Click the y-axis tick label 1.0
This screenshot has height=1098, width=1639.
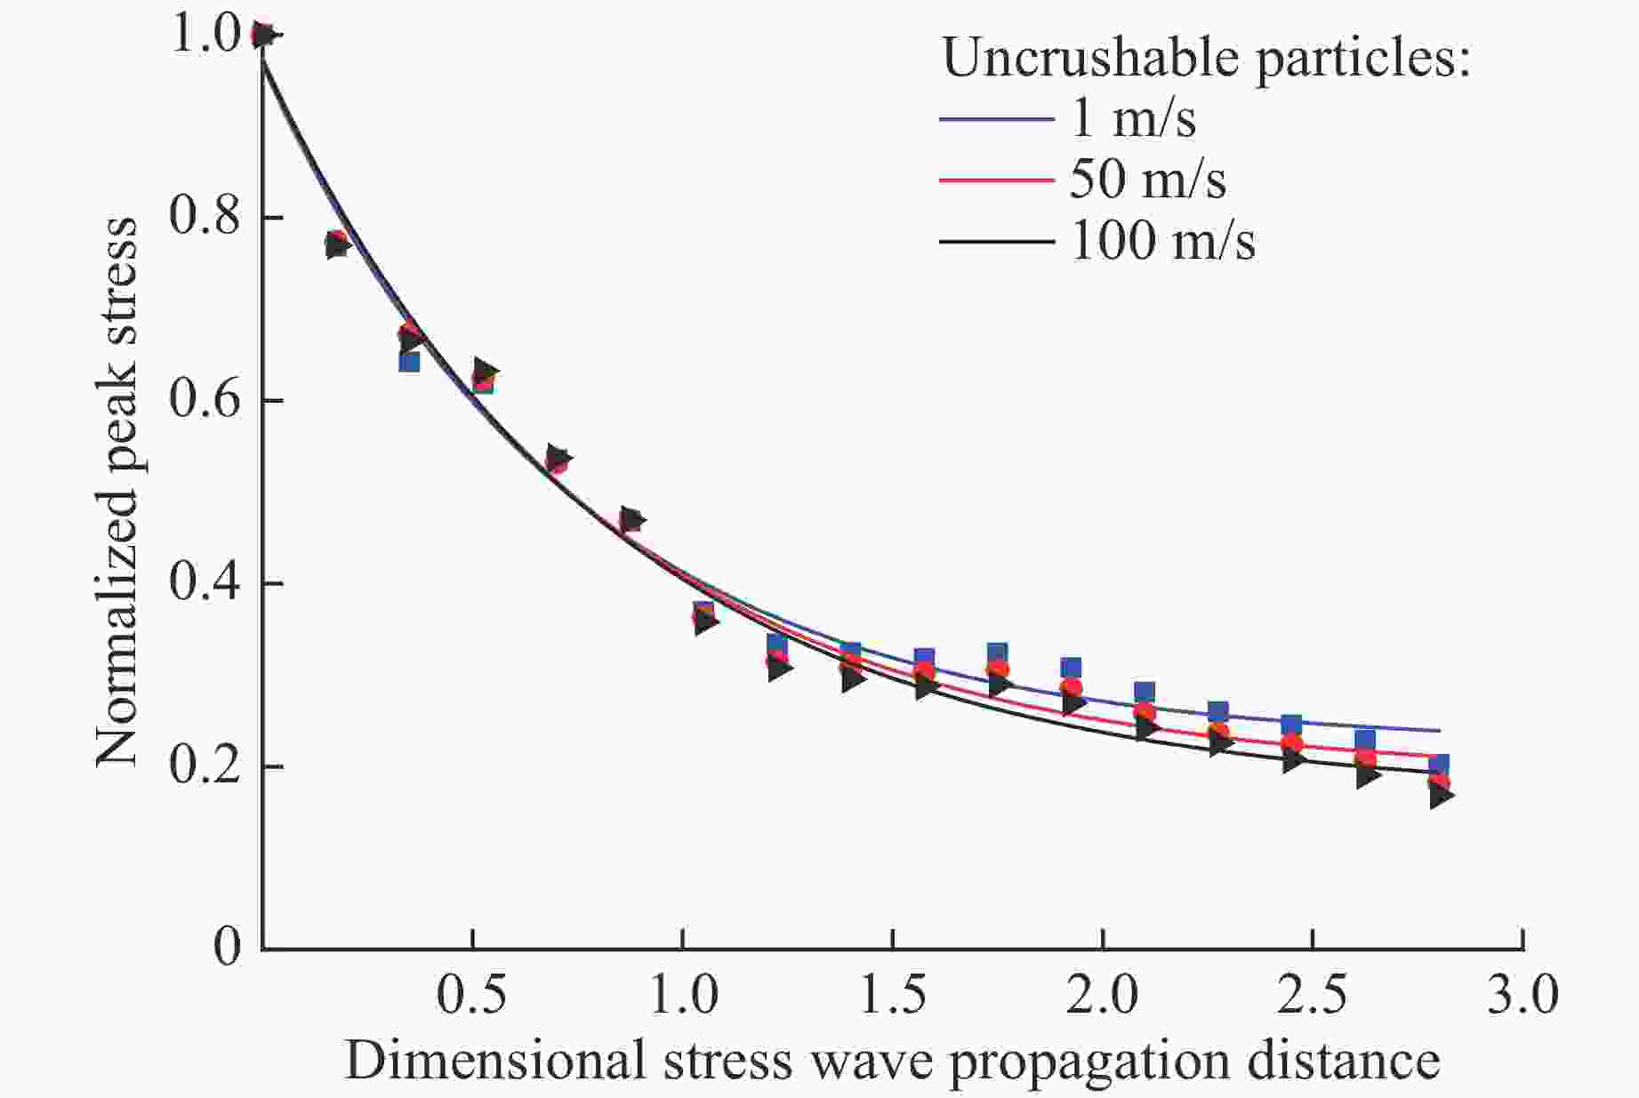206,36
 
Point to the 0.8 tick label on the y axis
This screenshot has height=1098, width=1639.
206,217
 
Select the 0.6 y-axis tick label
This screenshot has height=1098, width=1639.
206,400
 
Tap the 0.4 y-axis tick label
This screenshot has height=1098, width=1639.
206,583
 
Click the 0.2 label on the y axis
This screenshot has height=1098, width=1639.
206,766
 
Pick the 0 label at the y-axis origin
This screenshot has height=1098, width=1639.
228,948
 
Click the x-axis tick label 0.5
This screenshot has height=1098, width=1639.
471,996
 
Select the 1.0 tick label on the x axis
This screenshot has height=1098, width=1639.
683,996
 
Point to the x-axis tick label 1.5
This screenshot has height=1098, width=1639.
892,996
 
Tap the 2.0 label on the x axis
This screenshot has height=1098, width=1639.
1103,996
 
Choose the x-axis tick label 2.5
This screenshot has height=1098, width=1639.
1313,996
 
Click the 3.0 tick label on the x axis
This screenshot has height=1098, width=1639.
1523,996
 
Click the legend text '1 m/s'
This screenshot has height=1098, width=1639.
1133,119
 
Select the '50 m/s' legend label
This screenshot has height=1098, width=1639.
1147,180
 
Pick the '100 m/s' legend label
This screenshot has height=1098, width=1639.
1163,241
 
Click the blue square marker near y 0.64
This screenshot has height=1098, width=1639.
409,361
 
